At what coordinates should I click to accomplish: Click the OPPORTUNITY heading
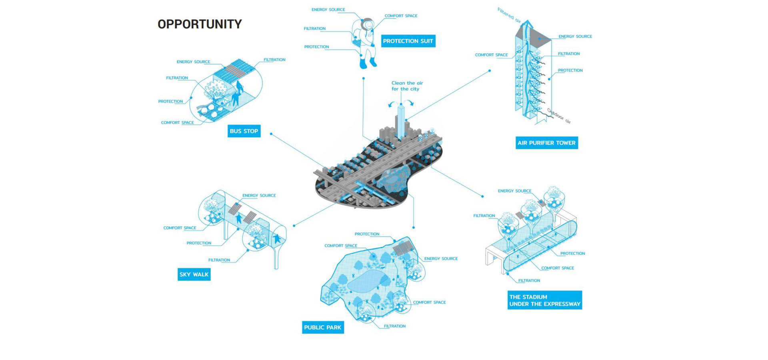point(200,24)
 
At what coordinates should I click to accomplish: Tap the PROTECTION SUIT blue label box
point(408,41)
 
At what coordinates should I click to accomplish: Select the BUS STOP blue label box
point(244,131)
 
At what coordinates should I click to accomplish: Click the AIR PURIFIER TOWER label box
point(546,143)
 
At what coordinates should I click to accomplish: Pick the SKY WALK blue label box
point(194,274)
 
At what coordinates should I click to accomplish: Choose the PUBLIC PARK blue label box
point(322,327)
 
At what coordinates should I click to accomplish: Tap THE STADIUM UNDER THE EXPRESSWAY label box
point(544,300)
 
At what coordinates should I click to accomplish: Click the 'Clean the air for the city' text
point(407,86)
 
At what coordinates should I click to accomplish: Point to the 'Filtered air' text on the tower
point(509,15)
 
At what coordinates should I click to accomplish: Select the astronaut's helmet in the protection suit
point(367,25)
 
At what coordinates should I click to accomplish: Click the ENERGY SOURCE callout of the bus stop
point(193,62)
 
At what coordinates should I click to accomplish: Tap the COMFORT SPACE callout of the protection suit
point(401,16)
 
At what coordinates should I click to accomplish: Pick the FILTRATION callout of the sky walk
point(219,260)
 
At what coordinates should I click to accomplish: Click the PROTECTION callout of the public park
point(367,234)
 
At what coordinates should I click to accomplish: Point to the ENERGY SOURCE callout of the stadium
point(514,191)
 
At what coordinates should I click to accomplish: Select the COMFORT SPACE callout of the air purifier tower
point(491,55)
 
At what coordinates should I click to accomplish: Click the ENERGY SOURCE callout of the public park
point(441,259)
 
